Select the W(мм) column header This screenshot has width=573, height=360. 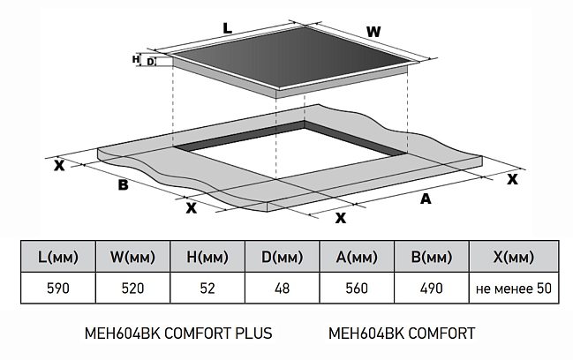point(133,258)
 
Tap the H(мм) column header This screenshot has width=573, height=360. point(207,258)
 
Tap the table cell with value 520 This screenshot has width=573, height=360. point(133,289)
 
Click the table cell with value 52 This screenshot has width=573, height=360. point(207,289)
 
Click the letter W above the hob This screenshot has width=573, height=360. point(373,32)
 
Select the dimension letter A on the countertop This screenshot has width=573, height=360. point(425,199)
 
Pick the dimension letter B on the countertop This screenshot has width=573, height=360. point(123,184)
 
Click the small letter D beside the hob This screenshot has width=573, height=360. point(151,62)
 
